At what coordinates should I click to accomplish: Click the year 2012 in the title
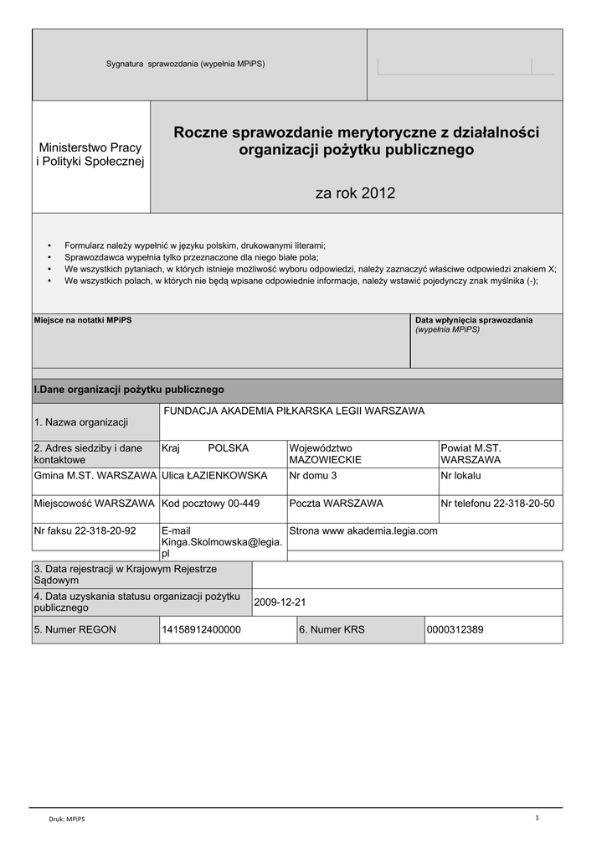tap(378, 194)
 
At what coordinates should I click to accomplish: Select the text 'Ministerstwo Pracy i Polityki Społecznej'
tap(90, 154)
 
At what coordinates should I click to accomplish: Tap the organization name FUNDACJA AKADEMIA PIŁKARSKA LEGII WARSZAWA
tap(294, 411)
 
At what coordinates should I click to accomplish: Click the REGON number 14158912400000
tap(202, 629)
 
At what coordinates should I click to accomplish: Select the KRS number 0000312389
tap(455, 629)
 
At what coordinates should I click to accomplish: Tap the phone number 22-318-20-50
tap(514, 504)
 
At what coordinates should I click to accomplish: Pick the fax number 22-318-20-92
tap(105, 530)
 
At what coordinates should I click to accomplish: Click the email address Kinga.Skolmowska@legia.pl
tap(222, 542)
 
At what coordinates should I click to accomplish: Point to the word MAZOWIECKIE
tap(326, 460)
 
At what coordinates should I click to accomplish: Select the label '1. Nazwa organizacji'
tap(80, 421)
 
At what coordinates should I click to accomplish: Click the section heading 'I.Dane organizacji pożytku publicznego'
tap(128, 390)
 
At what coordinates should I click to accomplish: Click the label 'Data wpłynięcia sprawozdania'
tap(474, 320)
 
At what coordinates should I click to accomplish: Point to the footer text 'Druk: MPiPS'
tap(66, 819)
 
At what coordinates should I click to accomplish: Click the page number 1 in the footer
tap(536, 818)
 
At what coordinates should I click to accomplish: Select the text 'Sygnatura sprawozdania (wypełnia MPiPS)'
tap(185, 65)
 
